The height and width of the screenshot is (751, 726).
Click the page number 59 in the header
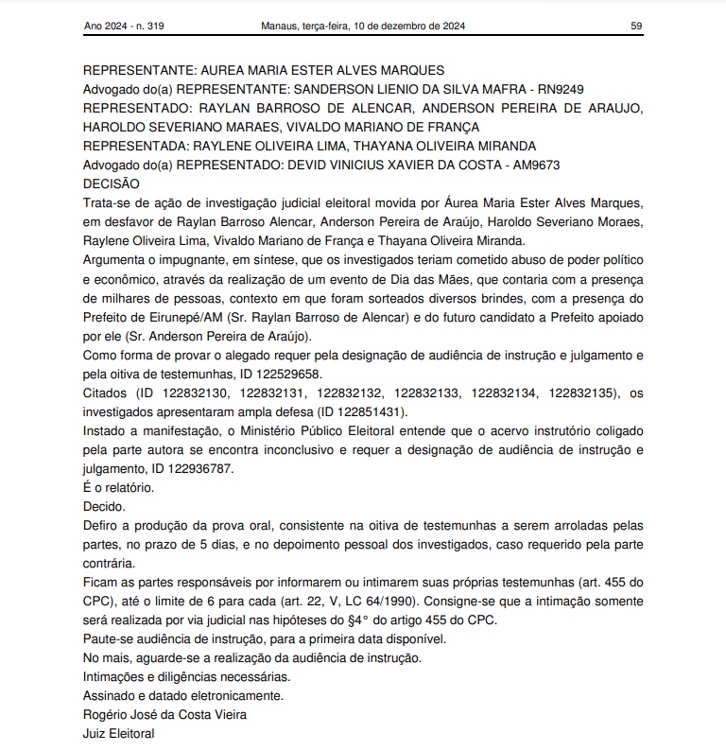pos(636,26)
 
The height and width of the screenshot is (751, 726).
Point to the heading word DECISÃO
pos(112,183)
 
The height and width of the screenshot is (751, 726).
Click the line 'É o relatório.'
pos(118,488)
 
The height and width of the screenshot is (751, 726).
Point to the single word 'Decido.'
pos(104,507)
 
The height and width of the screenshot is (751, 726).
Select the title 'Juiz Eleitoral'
pos(118,734)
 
